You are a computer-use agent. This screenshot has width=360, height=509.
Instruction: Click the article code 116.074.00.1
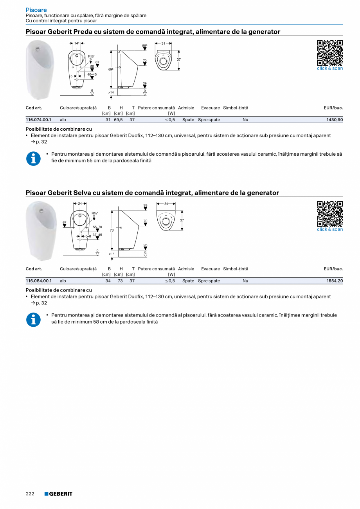[x=38, y=120]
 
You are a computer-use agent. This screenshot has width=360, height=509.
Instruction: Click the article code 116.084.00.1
[x=38, y=281]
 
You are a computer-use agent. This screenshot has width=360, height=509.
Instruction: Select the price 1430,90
[x=335, y=120]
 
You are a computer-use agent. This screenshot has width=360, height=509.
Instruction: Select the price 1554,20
[x=335, y=281]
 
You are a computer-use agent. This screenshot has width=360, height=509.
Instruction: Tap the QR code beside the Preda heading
[x=329, y=52]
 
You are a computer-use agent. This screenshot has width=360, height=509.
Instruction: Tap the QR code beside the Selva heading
[x=329, y=214]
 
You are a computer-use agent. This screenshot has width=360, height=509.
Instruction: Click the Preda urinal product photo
[x=40, y=70]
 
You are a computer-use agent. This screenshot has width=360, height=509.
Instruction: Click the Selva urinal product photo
[x=41, y=230]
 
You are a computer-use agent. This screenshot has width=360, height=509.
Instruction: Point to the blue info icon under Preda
[x=33, y=158]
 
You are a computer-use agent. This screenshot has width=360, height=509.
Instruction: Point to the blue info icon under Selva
[x=33, y=319]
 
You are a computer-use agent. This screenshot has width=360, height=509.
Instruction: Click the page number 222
[x=30, y=494]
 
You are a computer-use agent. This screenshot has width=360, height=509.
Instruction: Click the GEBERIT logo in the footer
[x=58, y=494]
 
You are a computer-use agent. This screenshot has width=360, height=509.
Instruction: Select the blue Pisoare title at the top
[x=36, y=10]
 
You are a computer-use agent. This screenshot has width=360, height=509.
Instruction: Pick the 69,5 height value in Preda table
[x=118, y=120]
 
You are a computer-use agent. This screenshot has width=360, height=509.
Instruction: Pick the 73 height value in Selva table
[x=120, y=281]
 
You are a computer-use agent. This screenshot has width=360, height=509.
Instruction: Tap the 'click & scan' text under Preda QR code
[x=329, y=68]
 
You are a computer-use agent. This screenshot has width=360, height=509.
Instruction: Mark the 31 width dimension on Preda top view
[x=163, y=43]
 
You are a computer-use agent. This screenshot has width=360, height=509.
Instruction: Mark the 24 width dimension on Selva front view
[x=80, y=203]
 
